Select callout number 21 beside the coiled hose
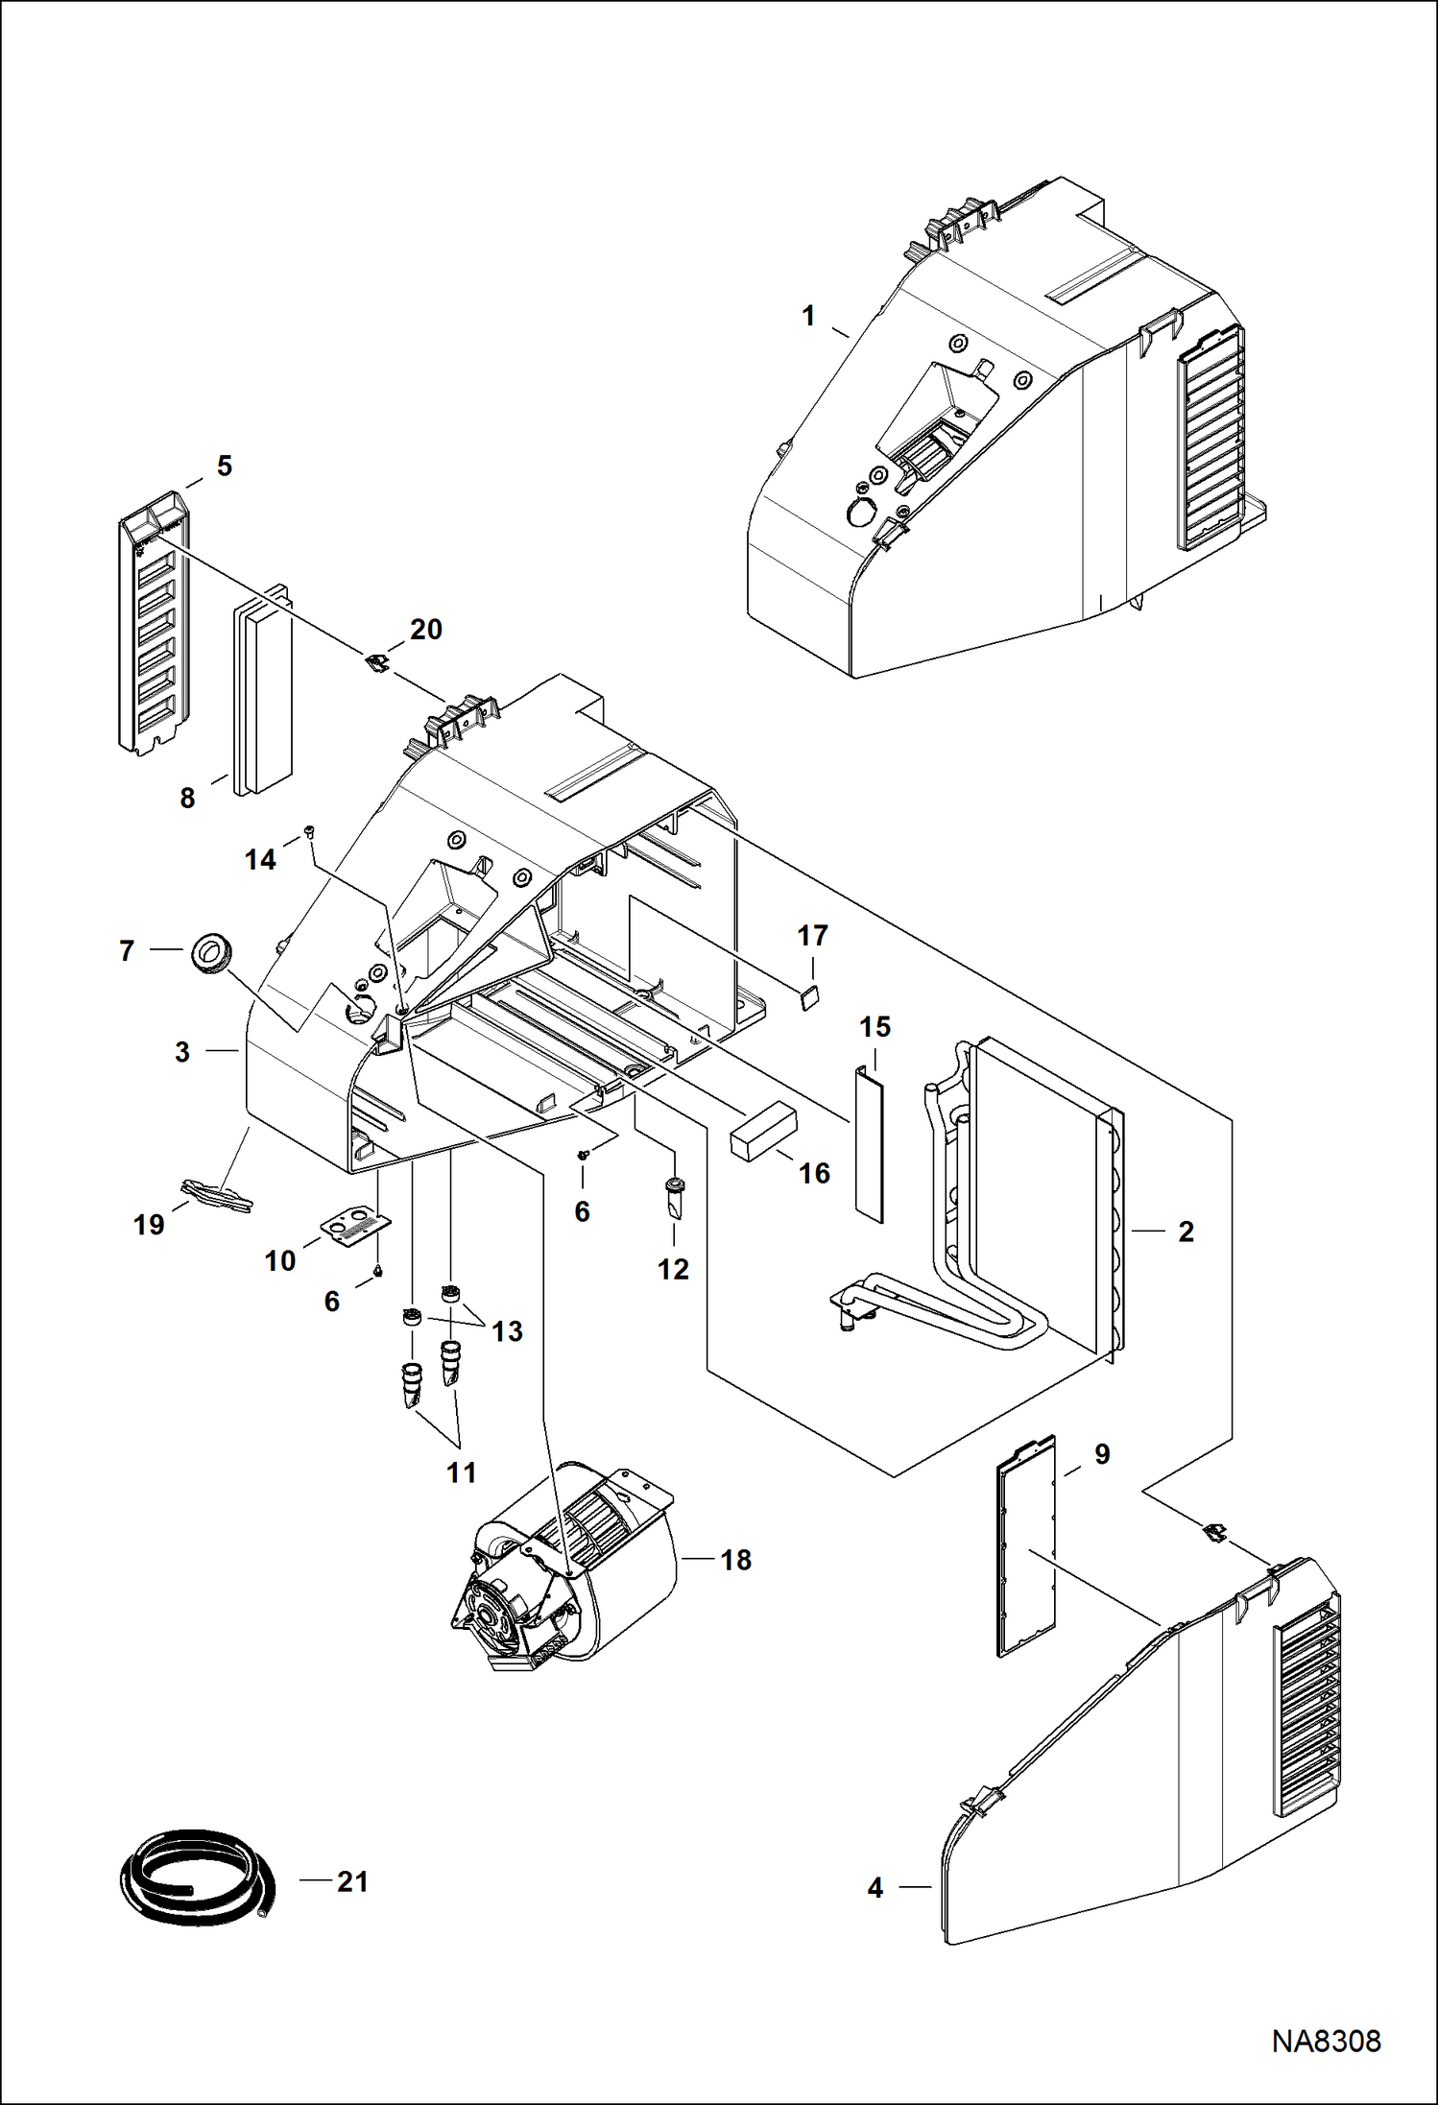pyautogui.click(x=352, y=1881)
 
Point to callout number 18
pyautogui.click(x=735, y=1561)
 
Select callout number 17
pyautogui.click(x=812, y=936)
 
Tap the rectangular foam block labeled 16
pyautogui.click(x=763, y=1131)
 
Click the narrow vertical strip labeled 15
pyautogui.click(x=869, y=1142)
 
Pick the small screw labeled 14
pyautogui.click(x=309, y=831)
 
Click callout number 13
pyautogui.click(x=507, y=1331)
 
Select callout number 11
pyautogui.click(x=461, y=1472)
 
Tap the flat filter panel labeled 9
pyautogui.click(x=1026, y=1546)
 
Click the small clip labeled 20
pyautogui.click(x=378, y=661)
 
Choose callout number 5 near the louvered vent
pyautogui.click(x=224, y=466)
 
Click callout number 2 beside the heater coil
pyautogui.click(x=1186, y=1232)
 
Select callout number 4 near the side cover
pyautogui.click(x=875, y=1888)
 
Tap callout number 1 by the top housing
pyautogui.click(x=808, y=316)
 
